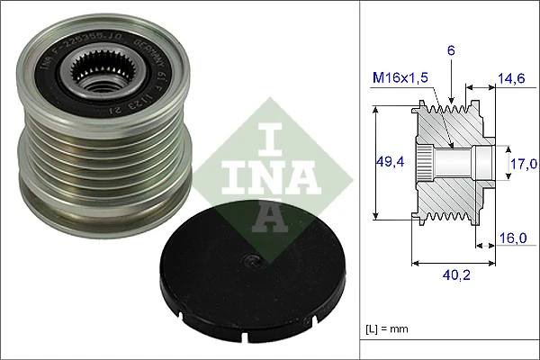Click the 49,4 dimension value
pos(389,163)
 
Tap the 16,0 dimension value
pos(512,240)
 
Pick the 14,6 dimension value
pos(510,80)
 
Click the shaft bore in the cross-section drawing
pos(455,162)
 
